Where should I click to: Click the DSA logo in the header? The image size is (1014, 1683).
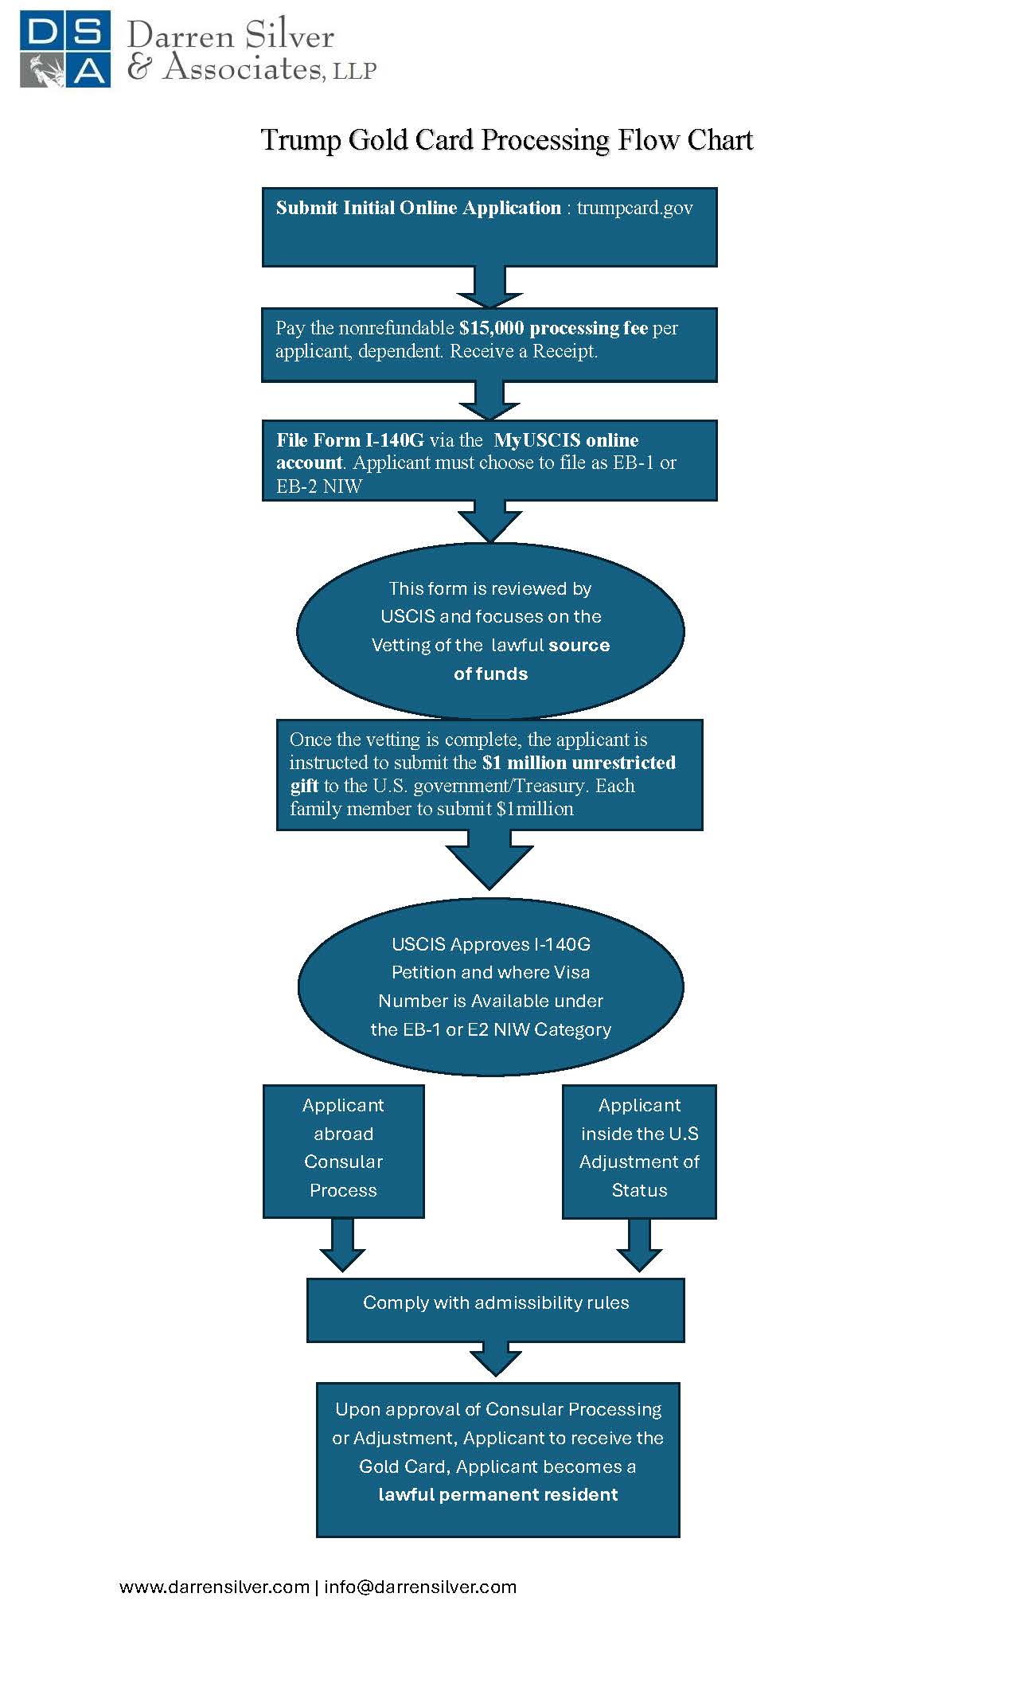coord(65,49)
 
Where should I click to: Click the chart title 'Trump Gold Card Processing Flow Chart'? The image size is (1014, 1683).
coord(506,140)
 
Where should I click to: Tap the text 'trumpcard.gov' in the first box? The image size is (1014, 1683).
coord(634,208)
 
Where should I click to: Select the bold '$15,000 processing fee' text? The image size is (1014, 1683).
coord(553,328)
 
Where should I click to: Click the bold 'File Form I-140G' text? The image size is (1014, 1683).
coord(350,440)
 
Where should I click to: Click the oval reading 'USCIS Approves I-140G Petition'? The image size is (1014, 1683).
coord(490,986)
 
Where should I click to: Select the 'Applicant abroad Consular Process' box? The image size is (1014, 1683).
coord(343,1150)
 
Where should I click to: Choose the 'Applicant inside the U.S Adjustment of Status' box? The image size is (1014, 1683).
coord(639,1150)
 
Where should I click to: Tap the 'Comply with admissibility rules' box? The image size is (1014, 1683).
coord(495,1309)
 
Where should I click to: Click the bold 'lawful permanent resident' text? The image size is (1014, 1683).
coord(497,1494)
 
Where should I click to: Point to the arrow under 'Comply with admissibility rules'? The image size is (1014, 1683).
coord(496,1359)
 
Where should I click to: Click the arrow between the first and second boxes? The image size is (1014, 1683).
coord(489,287)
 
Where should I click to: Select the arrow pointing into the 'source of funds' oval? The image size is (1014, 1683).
coord(489,521)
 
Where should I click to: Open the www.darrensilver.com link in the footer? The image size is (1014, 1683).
coord(214,1587)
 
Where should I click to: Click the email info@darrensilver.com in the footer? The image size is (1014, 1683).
coord(420,1587)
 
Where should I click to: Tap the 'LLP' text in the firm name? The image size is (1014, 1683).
coord(354,72)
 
